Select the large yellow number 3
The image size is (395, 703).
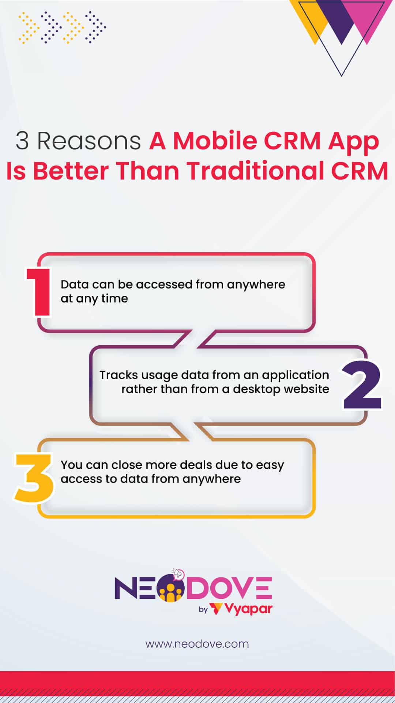click(34, 478)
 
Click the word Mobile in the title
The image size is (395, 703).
click(215, 141)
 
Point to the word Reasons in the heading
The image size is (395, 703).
click(89, 141)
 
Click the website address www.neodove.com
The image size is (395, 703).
click(197, 644)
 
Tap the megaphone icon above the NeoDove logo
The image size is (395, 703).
click(178, 573)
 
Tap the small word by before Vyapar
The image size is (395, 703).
click(203, 609)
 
